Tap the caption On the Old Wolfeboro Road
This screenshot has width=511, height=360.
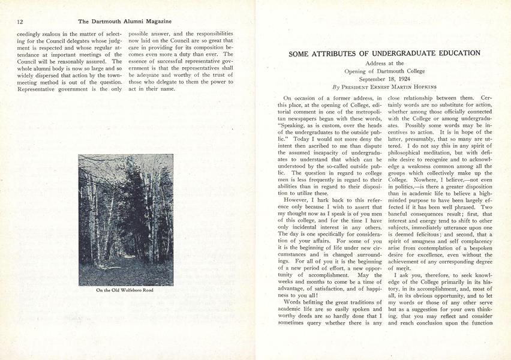(x=125, y=290)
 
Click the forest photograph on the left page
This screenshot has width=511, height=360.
(x=125, y=220)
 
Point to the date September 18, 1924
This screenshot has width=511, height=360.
(x=384, y=79)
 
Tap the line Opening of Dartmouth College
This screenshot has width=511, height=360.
(x=384, y=71)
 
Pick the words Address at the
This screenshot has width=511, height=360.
(x=384, y=63)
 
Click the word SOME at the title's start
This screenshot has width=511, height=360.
(x=300, y=53)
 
